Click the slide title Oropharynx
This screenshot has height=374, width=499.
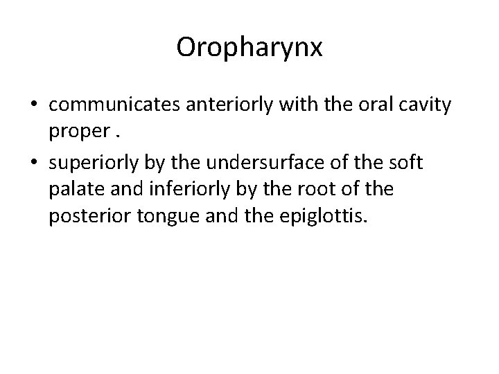tap(249, 47)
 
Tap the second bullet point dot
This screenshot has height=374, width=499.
tap(35, 163)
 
